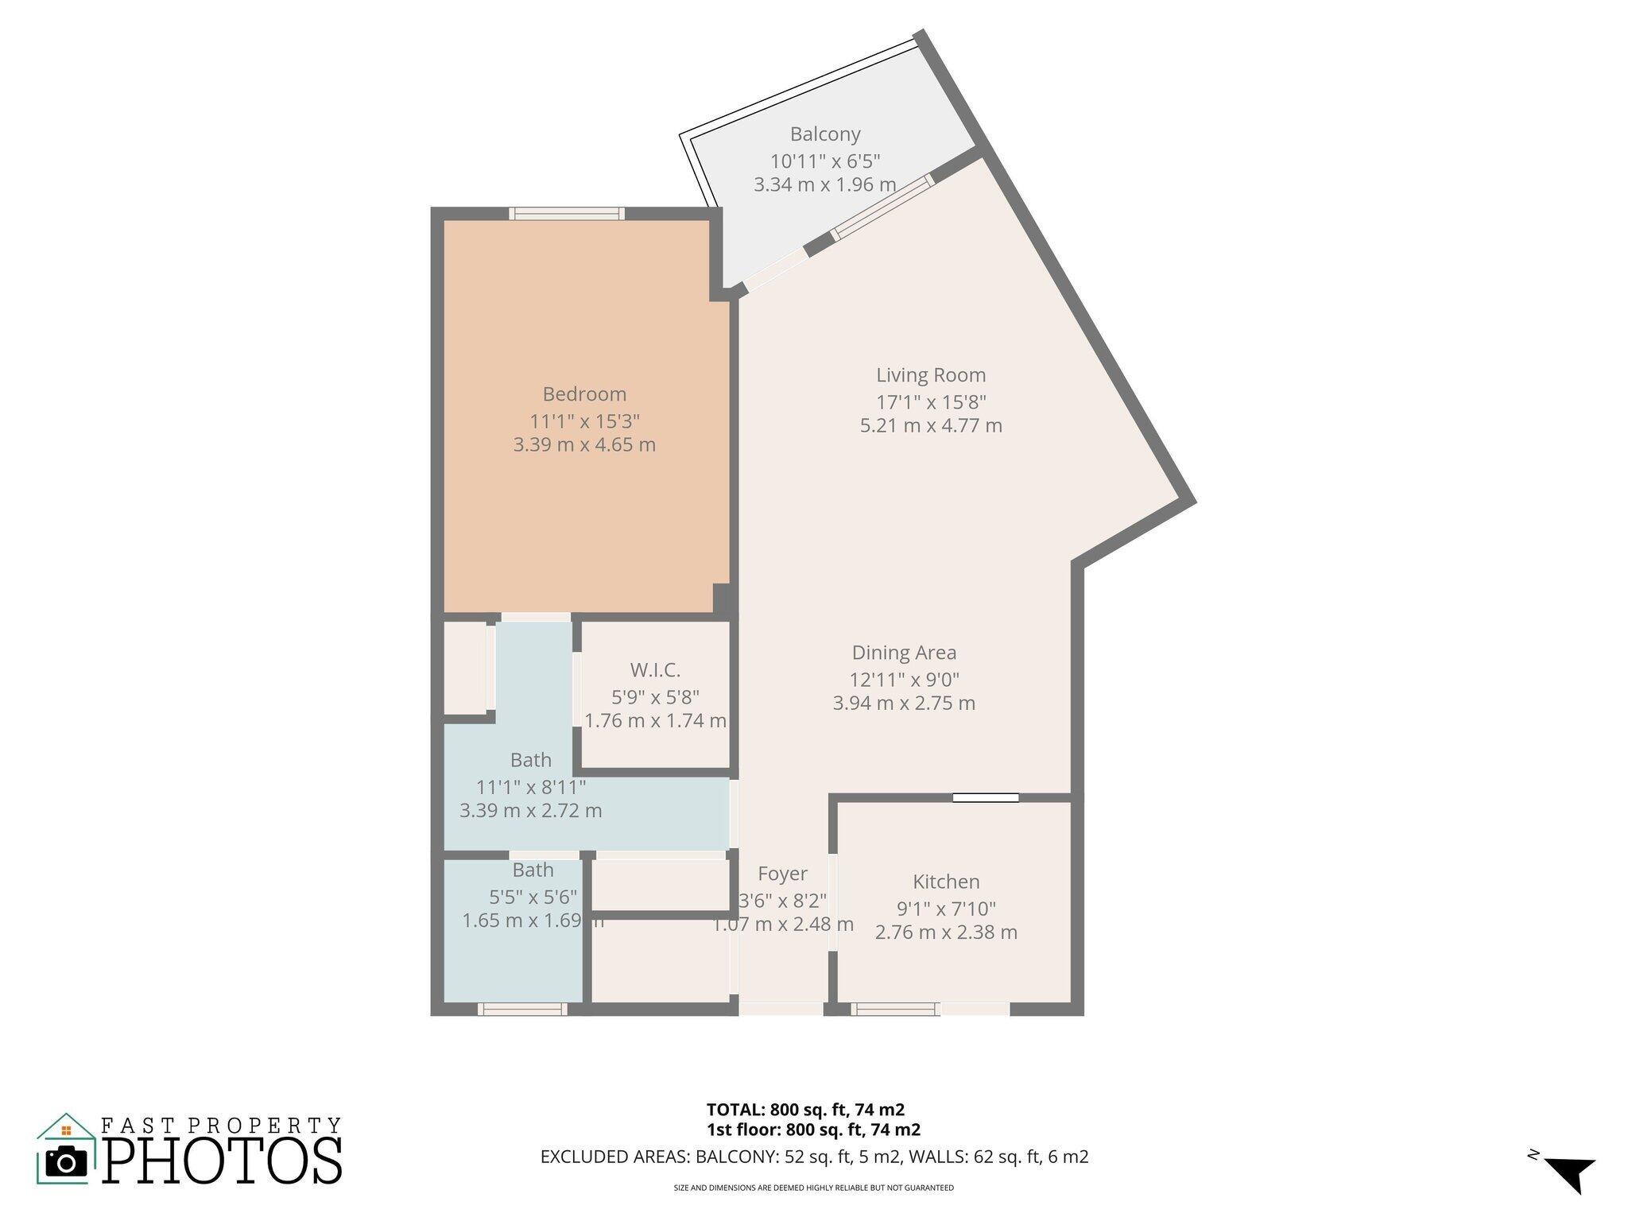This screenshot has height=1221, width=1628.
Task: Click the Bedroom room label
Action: click(584, 394)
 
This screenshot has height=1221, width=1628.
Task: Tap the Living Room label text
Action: click(931, 375)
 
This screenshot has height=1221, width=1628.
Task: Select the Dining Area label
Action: click(904, 653)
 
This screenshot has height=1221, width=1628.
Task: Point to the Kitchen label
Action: click(946, 882)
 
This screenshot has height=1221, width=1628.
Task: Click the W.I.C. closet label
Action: click(655, 670)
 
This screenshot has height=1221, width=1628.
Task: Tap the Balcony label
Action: click(825, 134)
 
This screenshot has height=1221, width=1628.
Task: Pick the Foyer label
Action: click(782, 874)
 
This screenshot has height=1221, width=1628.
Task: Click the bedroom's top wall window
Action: click(567, 213)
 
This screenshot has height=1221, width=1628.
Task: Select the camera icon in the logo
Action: click(67, 1161)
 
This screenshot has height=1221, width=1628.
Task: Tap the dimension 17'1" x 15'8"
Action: click(931, 402)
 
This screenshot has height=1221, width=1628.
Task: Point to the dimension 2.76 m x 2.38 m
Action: click(946, 932)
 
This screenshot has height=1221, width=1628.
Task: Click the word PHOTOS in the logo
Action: click(223, 1161)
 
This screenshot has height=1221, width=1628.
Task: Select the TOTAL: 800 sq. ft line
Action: click(805, 1110)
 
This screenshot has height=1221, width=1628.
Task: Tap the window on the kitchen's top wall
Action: click(986, 797)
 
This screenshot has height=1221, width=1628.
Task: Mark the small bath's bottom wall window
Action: click(522, 1010)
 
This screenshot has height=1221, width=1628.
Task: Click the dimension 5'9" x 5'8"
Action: click(655, 697)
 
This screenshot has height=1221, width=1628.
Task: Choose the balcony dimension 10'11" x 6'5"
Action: click(825, 161)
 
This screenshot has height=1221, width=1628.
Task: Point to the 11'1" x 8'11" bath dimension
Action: click(531, 787)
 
